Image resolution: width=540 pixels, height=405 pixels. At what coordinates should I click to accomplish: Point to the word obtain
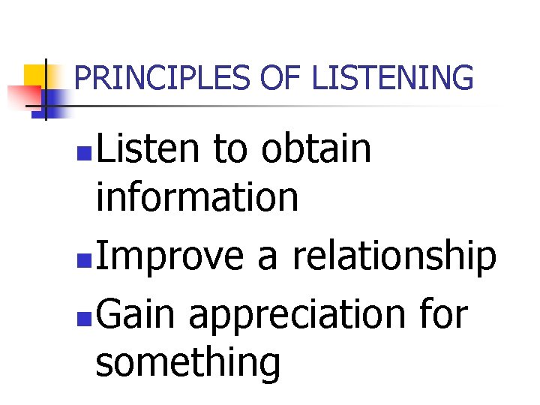tap(316, 148)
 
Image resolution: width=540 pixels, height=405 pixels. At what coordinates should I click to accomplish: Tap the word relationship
tap(394, 257)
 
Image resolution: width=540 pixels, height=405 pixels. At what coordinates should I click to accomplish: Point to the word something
tap(188, 364)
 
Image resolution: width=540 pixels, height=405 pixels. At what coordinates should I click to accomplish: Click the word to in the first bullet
tap(231, 148)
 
